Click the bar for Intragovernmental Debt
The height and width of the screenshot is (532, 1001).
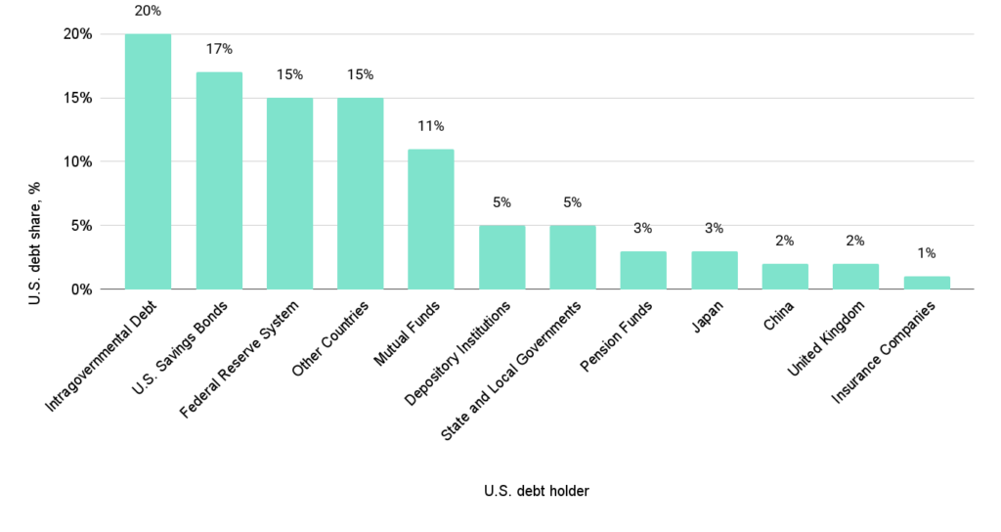(x=148, y=161)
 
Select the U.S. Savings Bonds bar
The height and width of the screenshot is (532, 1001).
(x=219, y=181)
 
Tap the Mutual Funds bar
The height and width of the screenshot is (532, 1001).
(x=431, y=219)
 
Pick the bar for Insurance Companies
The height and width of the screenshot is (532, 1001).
(x=927, y=283)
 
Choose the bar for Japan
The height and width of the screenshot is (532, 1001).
(x=715, y=270)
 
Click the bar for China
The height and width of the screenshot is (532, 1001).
(x=785, y=277)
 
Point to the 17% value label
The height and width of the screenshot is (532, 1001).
(x=219, y=49)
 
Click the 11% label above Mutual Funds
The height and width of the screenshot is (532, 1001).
(x=431, y=126)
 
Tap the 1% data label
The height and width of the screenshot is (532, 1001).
(x=927, y=253)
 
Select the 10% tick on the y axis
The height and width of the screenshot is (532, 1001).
(x=78, y=161)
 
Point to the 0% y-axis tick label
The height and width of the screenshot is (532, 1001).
(x=82, y=289)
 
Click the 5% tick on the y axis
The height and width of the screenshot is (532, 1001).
(x=82, y=226)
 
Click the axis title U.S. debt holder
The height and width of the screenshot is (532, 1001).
(x=536, y=491)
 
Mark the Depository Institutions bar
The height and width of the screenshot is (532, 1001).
(x=501, y=257)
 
